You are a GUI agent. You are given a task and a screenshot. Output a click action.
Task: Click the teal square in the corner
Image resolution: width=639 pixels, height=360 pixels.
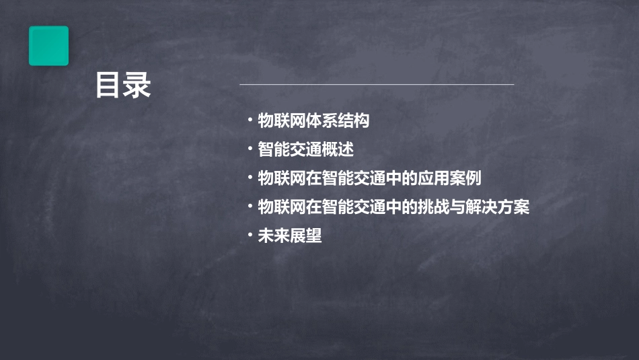pyautogui.click(x=48, y=46)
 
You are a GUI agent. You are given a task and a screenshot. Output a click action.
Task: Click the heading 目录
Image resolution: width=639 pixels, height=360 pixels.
pyautogui.click(x=123, y=86)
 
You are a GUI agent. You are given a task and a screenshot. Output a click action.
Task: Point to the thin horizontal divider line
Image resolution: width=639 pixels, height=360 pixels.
pyautogui.click(x=377, y=85)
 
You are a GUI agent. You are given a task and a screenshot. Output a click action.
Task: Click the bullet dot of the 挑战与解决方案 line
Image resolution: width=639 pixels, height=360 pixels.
pyautogui.click(x=250, y=207)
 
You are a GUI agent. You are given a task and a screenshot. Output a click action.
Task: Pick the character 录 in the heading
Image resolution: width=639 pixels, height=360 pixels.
pyautogui.click(x=138, y=86)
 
